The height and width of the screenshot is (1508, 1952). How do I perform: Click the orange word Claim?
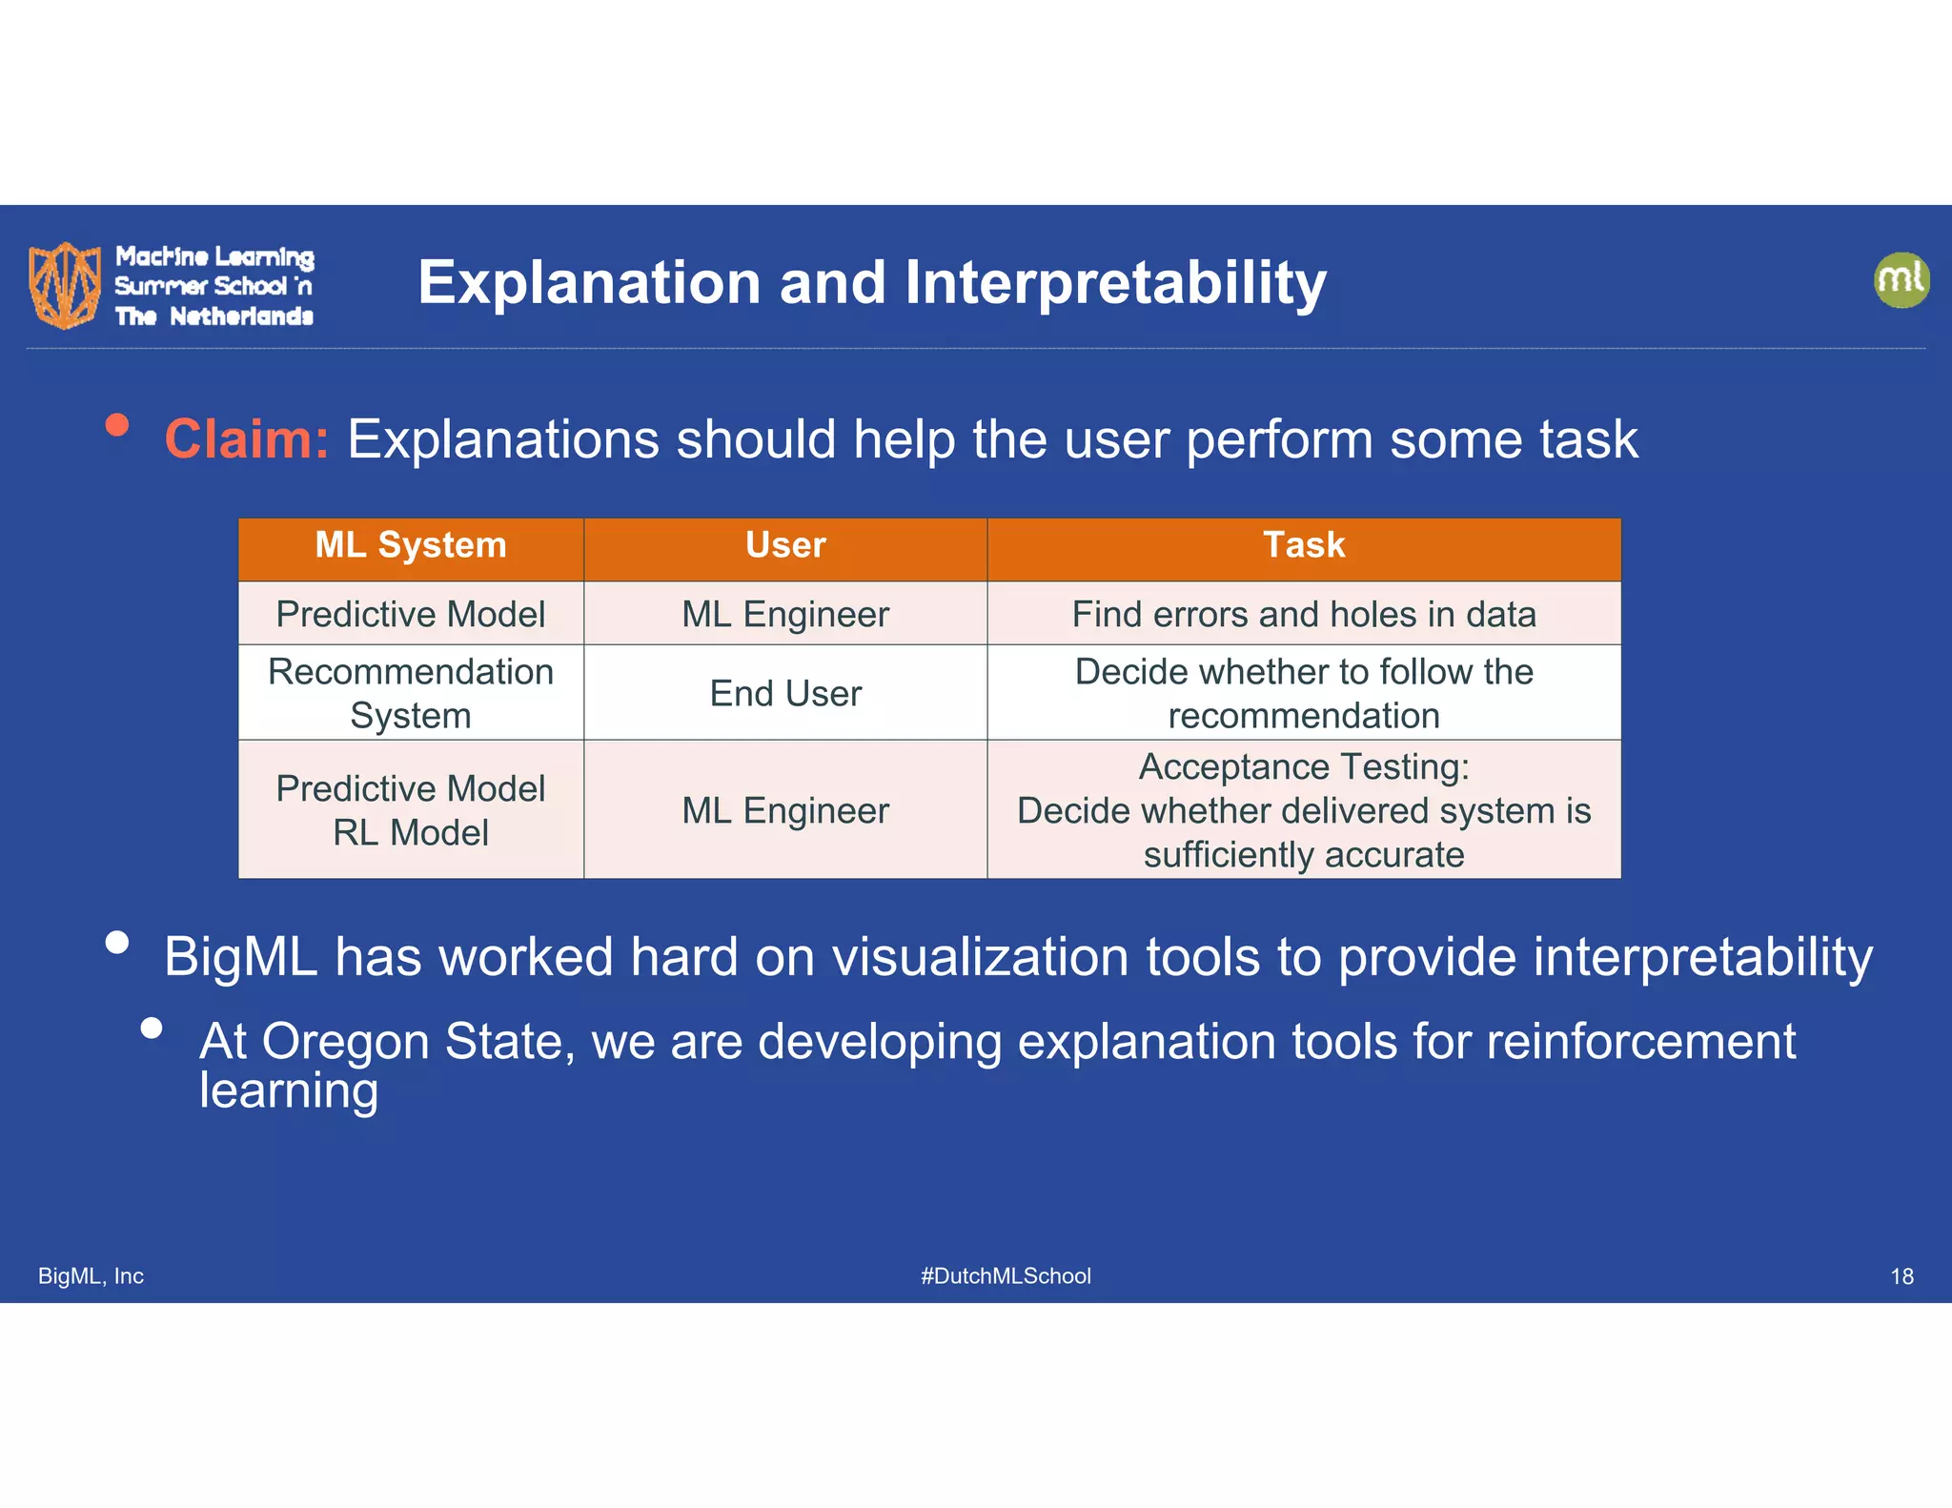(x=247, y=439)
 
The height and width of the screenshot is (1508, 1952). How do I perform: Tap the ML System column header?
(x=411, y=545)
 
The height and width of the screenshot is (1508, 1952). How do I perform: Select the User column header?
(x=785, y=545)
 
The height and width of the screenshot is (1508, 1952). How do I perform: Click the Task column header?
(x=1303, y=545)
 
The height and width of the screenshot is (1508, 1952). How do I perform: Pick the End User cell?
(x=785, y=693)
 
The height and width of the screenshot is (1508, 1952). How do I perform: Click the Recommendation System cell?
(x=411, y=693)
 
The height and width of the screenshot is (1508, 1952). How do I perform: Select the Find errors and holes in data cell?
(x=1303, y=614)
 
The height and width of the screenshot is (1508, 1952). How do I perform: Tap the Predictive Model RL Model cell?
(x=411, y=810)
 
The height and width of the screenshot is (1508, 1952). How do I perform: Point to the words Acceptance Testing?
(x=1303, y=766)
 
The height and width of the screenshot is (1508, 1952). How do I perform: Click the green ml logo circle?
(x=1901, y=280)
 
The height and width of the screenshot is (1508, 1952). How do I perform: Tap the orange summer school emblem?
(x=65, y=284)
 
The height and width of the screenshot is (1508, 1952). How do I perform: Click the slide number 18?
(x=1901, y=1276)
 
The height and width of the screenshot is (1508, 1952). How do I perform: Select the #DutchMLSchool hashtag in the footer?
(x=1006, y=1276)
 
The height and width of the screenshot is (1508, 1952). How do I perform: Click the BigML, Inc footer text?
(x=91, y=1276)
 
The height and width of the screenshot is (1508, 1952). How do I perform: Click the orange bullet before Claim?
(x=117, y=425)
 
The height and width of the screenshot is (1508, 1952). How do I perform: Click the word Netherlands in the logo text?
(x=241, y=316)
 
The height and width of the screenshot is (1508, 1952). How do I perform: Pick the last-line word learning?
(x=289, y=1090)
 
